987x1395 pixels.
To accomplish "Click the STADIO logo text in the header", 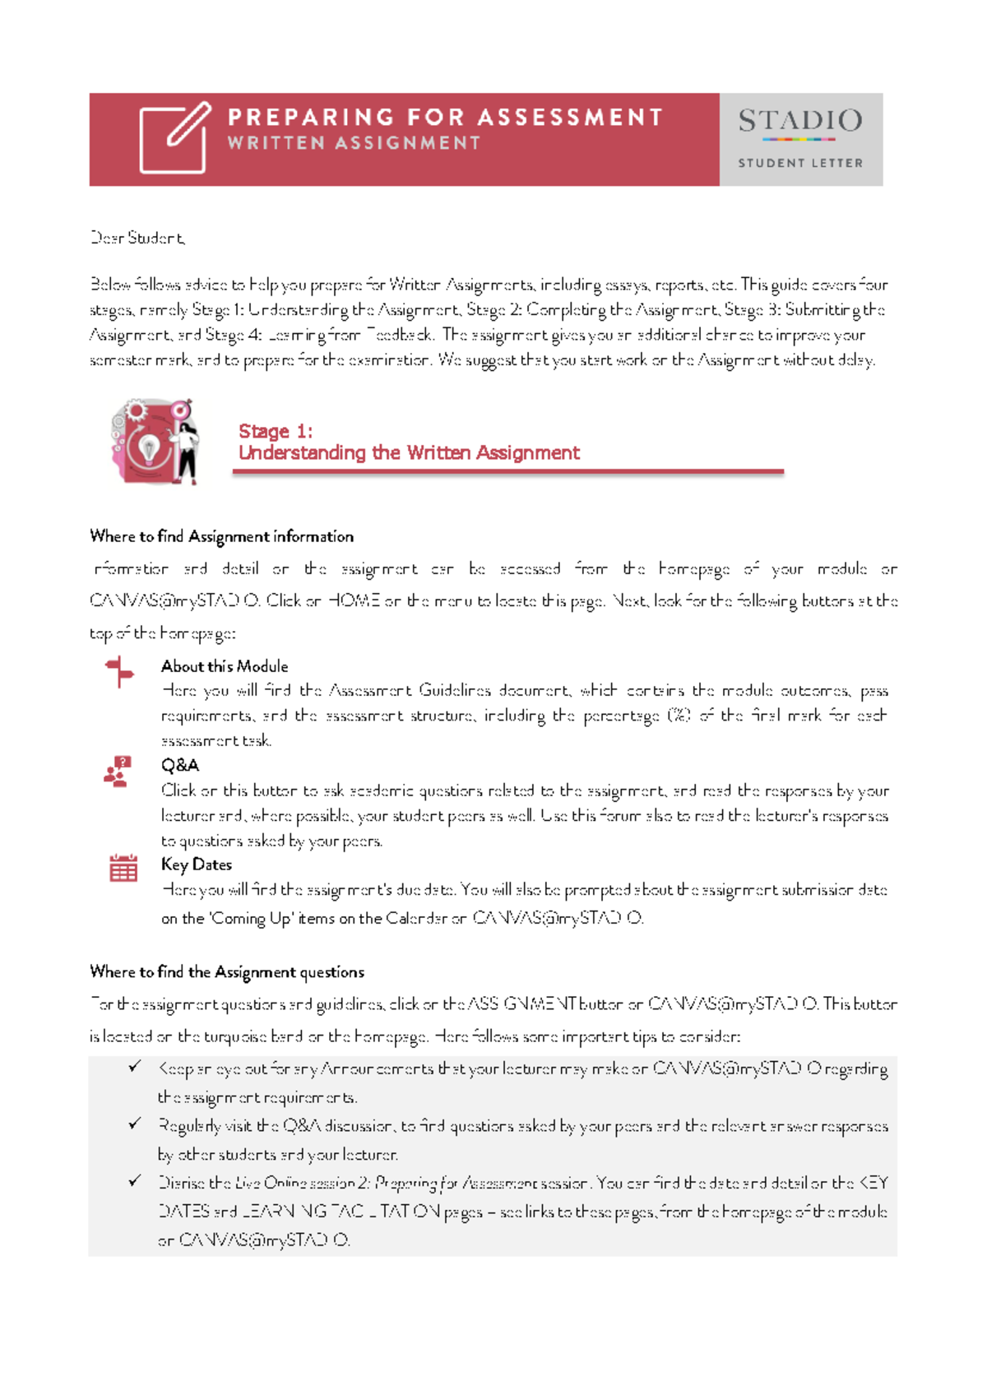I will click(799, 122).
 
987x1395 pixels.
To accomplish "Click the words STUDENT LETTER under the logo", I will click(799, 163).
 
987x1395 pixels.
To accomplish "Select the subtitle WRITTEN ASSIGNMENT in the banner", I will click(354, 143).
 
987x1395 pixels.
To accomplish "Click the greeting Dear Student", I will click(137, 238).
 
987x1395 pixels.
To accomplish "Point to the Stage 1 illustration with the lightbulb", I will click(155, 442).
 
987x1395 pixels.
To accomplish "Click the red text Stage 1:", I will click(275, 431).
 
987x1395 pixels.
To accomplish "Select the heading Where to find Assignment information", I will click(221, 536).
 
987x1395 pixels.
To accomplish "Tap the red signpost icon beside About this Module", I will click(119, 671).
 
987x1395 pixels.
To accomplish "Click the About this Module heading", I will click(224, 666).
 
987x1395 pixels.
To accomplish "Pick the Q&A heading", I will click(179, 765).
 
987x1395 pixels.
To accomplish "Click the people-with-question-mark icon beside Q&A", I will click(118, 772).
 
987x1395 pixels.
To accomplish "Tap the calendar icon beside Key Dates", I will click(123, 868).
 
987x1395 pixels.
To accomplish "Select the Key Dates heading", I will click(196, 864).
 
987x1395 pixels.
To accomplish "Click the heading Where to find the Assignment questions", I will click(226, 971).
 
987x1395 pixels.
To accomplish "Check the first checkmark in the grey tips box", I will click(135, 1067).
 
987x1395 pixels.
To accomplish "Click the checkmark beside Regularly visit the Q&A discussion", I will click(135, 1124).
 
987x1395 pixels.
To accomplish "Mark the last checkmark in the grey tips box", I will click(135, 1181).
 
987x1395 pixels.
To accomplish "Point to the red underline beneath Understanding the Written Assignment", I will click(507, 472).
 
